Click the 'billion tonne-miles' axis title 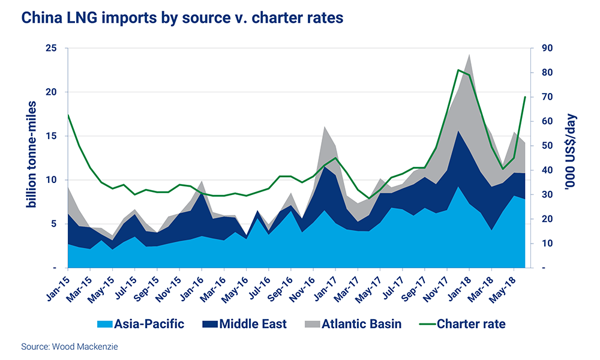(x=31, y=155)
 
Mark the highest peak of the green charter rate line (x=458, y=70)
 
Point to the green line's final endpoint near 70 (x=526, y=97)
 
